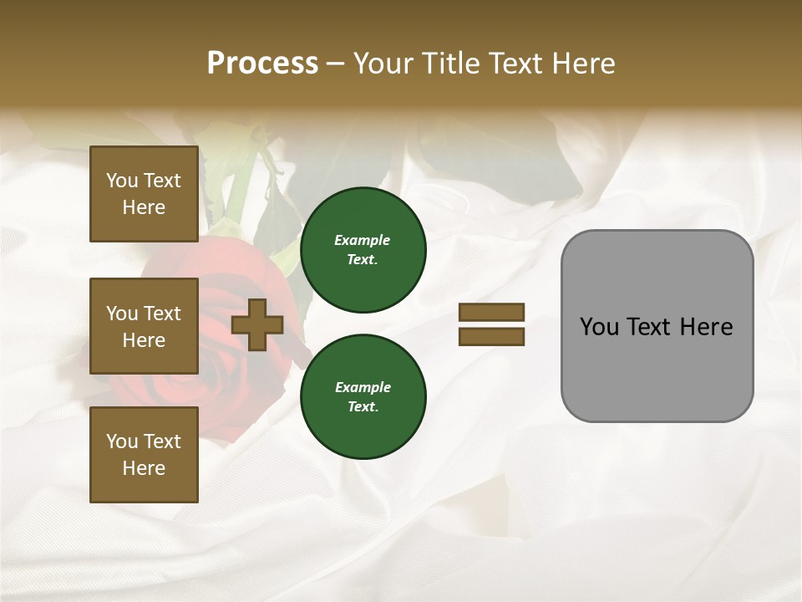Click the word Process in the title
click(262, 64)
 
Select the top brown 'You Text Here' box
click(144, 194)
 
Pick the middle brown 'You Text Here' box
click(144, 326)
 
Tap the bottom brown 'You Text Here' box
click(144, 455)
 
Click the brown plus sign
click(257, 325)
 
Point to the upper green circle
click(363, 250)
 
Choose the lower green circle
click(363, 397)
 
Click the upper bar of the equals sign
click(491, 312)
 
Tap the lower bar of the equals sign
click(491, 337)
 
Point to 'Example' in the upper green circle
click(363, 240)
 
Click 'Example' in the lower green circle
click(363, 387)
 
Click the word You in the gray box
click(598, 327)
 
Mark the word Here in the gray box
click(707, 327)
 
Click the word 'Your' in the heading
click(383, 64)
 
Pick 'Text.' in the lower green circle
click(363, 407)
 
